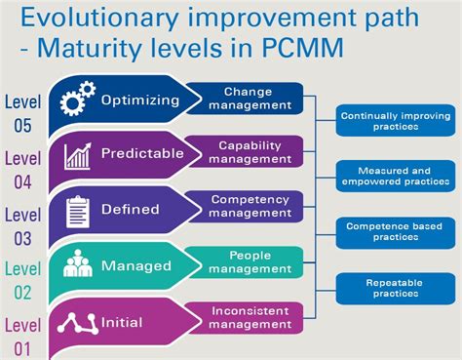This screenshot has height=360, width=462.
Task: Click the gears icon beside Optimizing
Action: pyautogui.click(x=78, y=100)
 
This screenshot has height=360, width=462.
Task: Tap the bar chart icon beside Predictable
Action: pyautogui.click(x=77, y=155)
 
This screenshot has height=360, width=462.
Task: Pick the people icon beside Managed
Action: pyautogui.click(x=77, y=264)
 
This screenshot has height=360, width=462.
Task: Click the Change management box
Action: pyautogui.click(x=248, y=99)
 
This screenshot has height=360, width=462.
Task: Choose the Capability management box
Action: pyautogui.click(x=250, y=152)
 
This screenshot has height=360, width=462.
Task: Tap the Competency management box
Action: pyautogui.click(x=250, y=206)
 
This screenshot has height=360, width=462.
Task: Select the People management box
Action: pyautogui.click(x=250, y=261)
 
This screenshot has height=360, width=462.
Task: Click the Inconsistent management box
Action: pyautogui.click(x=250, y=316)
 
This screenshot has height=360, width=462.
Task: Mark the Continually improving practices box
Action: pyautogui.click(x=395, y=121)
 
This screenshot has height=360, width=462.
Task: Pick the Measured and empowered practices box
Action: pyautogui.click(x=395, y=176)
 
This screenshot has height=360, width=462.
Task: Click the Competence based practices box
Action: pyautogui.click(x=395, y=230)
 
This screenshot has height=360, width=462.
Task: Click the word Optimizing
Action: pyautogui.click(x=140, y=100)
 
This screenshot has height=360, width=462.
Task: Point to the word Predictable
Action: pyautogui.click(x=143, y=154)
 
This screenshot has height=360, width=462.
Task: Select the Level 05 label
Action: pyautogui.click(x=23, y=113)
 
